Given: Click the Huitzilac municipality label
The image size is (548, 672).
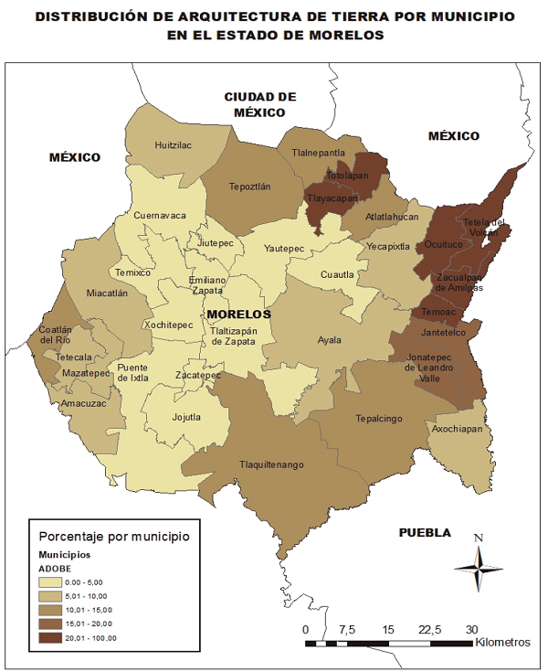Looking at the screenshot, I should coord(174,144).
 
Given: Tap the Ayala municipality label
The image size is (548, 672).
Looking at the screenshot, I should coord(330,340).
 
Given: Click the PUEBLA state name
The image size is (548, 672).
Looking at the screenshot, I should coord(425,532).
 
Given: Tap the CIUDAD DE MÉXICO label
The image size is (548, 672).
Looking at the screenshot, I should coord(260,103).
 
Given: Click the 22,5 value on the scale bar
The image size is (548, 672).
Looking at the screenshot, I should coord(430,630).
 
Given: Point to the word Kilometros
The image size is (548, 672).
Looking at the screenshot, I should coord(502,642).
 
